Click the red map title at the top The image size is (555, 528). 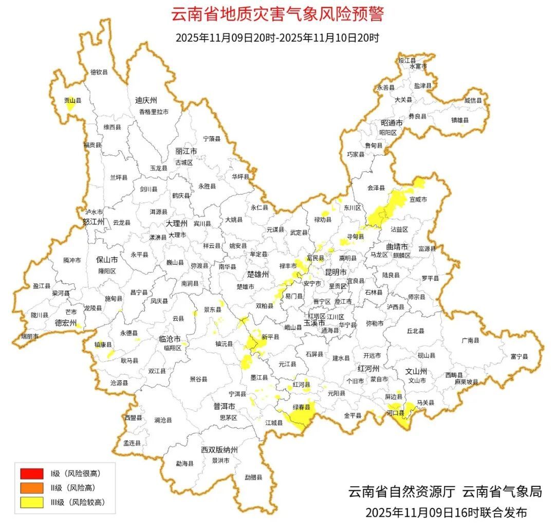277,14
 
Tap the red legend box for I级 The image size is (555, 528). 32,473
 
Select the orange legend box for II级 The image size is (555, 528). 32,487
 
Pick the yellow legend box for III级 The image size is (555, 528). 32,502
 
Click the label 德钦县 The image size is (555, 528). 99,72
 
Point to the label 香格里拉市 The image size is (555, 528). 154,112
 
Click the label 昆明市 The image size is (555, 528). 336,271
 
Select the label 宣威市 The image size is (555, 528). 418,199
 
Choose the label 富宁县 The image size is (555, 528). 519,356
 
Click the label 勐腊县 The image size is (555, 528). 253,478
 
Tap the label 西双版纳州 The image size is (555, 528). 219,450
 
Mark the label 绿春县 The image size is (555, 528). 302,407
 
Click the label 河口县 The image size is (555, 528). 395,412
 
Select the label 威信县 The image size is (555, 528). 473,101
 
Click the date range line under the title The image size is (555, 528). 277,38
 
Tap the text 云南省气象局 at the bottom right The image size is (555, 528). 502,491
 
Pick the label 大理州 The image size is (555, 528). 176,224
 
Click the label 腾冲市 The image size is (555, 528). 72,261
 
